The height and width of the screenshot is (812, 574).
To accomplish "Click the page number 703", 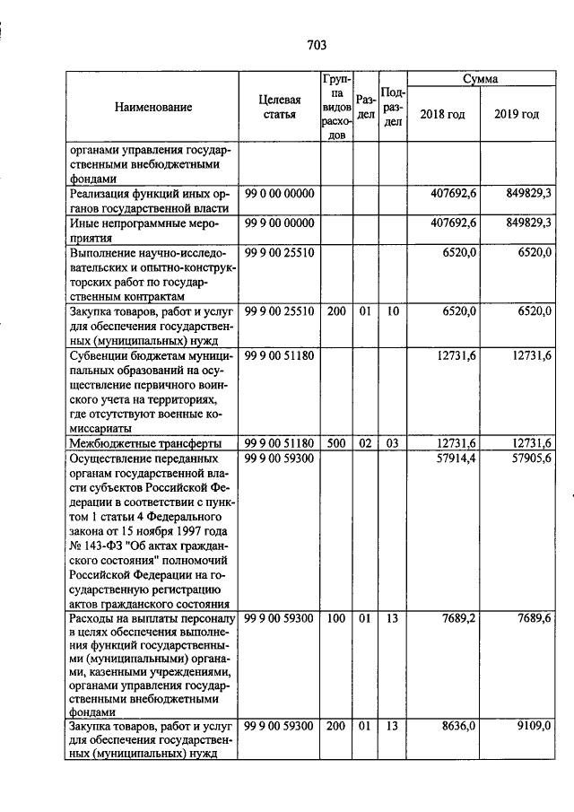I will point(316,46).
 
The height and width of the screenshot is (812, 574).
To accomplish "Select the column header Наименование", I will point(152,108).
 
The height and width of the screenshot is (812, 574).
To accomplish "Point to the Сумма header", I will point(480,80).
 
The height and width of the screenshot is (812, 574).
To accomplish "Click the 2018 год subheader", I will point(443,115).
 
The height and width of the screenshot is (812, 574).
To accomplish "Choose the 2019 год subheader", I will point(517,115).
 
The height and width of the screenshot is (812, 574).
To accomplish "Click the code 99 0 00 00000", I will point(279,195).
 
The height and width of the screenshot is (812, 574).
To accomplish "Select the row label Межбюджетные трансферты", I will point(139,443).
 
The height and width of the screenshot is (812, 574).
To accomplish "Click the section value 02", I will point(364,443).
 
